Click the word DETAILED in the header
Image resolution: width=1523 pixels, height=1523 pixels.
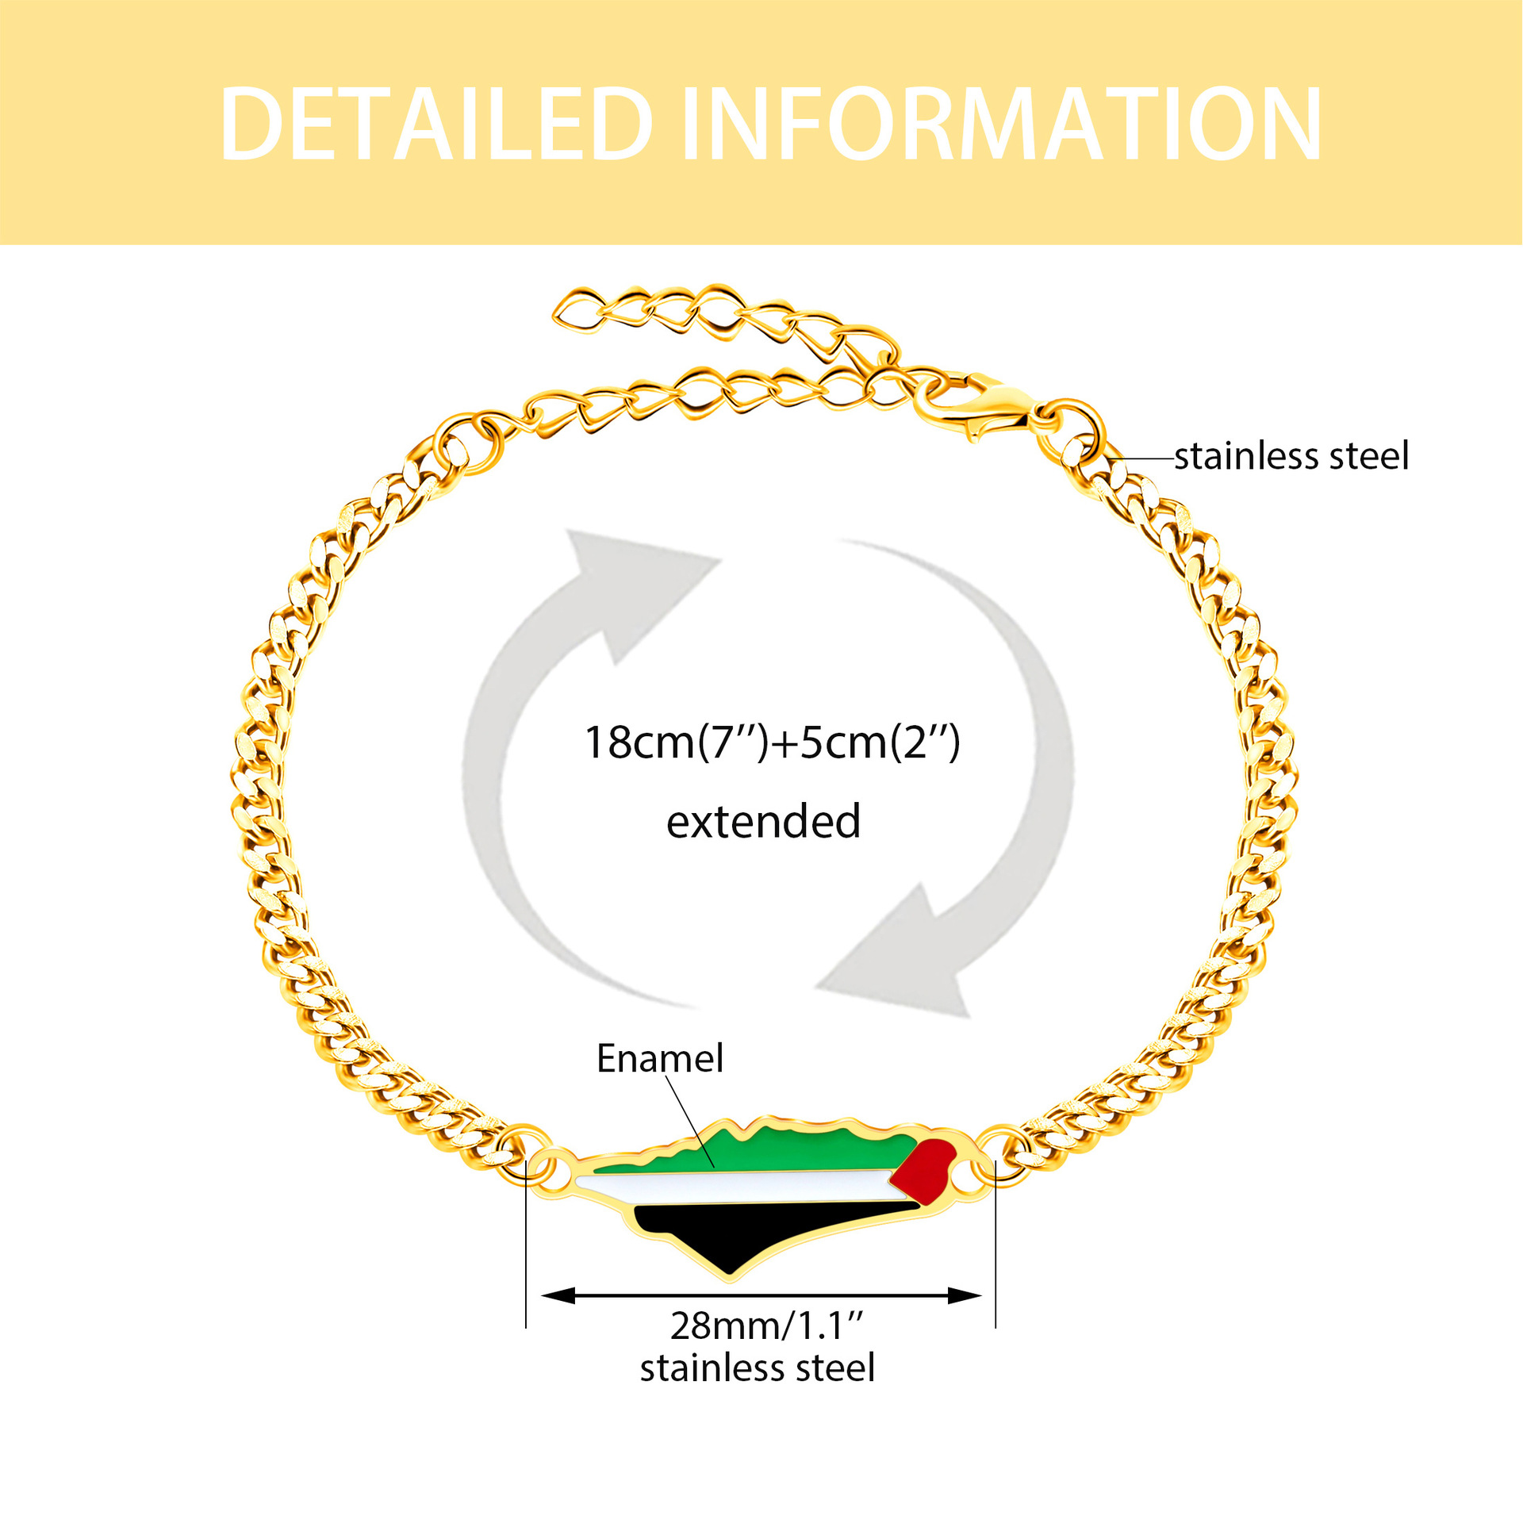435,124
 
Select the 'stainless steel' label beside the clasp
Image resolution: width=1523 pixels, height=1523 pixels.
1291,456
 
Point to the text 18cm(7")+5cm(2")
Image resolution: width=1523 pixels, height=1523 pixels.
772,742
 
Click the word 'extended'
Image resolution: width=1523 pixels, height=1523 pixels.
763,822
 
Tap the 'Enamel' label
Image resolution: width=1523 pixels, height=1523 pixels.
660,1058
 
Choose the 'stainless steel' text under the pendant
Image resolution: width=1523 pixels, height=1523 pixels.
758,1368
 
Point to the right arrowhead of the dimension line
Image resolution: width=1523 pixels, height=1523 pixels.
966,1296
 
